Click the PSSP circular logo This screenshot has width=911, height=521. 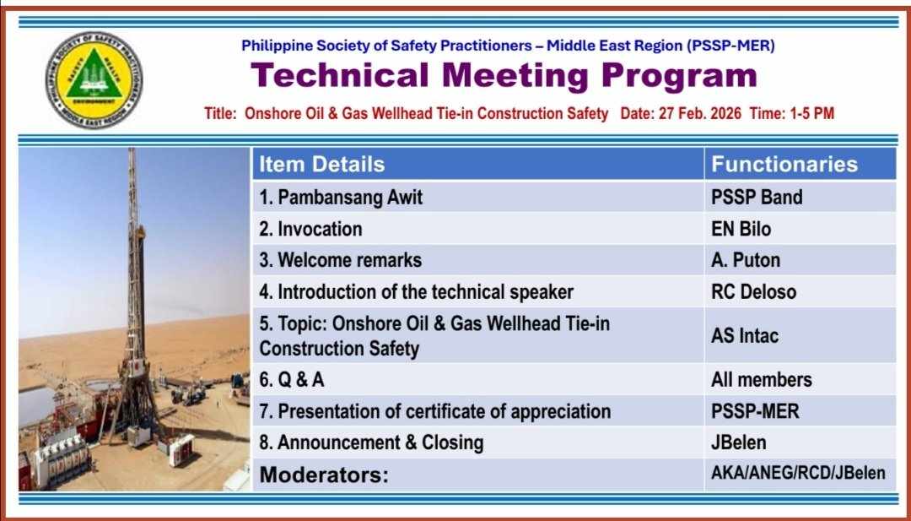(94, 80)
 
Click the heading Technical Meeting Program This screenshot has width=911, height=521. (504, 76)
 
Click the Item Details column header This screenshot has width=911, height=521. (322, 164)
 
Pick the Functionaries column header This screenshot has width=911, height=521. (784, 164)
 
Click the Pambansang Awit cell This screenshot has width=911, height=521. (341, 198)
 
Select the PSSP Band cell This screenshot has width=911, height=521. (757, 197)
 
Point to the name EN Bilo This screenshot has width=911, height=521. (741, 229)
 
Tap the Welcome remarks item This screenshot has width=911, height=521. (341, 260)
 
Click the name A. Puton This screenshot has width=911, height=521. (746, 260)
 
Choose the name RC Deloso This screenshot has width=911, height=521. (753, 291)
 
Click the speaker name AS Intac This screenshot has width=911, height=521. (745, 335)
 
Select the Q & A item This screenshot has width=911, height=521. (292, 380)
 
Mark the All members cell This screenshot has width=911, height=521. (761, 380)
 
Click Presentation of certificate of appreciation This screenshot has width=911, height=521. (435, 412)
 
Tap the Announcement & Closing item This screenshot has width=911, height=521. (371, 442)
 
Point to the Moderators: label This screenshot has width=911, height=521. (324, 475)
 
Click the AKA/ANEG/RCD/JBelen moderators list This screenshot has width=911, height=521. (798, 473)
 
